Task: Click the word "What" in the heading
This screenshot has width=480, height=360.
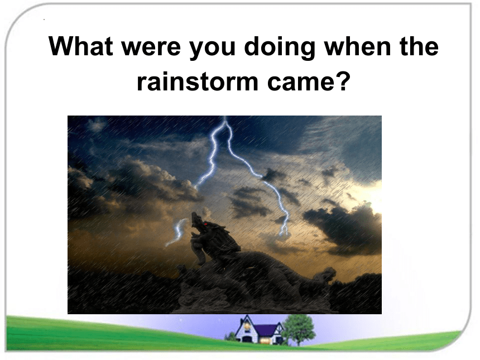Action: (81, 46)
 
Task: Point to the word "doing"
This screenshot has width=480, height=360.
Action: (280, 49)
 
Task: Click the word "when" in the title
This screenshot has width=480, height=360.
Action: (358, 46)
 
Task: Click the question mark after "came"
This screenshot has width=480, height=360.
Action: (342, 81)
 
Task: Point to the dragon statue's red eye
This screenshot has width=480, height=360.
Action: (206, 224)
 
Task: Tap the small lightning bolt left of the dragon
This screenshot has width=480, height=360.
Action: (176, 232)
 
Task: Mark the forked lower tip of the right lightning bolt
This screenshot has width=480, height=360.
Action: (284, 231)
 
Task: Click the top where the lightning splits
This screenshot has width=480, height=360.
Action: (225, 122)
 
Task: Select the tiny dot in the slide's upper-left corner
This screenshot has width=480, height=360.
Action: (45, 20)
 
